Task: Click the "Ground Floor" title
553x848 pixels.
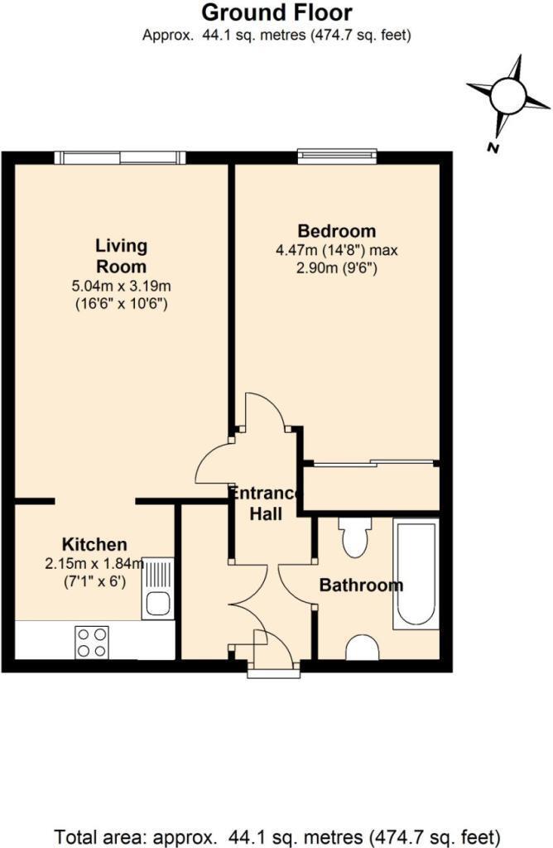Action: coord(276,13)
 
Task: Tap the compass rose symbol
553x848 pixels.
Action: coord(507,96)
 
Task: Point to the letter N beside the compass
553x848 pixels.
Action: coord(493,148)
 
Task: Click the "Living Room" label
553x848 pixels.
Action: coord(121,256)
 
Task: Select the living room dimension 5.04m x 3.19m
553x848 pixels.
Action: coord(121,287)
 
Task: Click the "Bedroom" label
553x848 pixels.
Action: coord(336,231)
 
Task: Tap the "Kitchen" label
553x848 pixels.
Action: coord(95,544)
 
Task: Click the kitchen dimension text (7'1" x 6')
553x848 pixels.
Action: coord(94,581)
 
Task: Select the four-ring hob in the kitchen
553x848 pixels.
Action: coord(92,640)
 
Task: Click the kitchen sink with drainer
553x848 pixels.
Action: coord(157,589)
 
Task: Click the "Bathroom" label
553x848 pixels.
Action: coord(361,585)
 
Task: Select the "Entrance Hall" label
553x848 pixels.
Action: coord(267,503)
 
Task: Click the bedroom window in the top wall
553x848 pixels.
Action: coord(337,156)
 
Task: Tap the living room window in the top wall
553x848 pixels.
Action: coord(120,157)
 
